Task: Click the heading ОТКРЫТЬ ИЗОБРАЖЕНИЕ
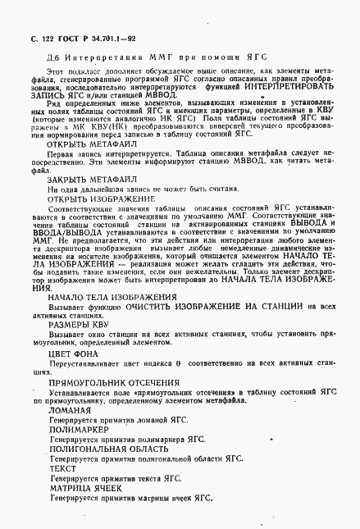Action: tap(101, 199)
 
